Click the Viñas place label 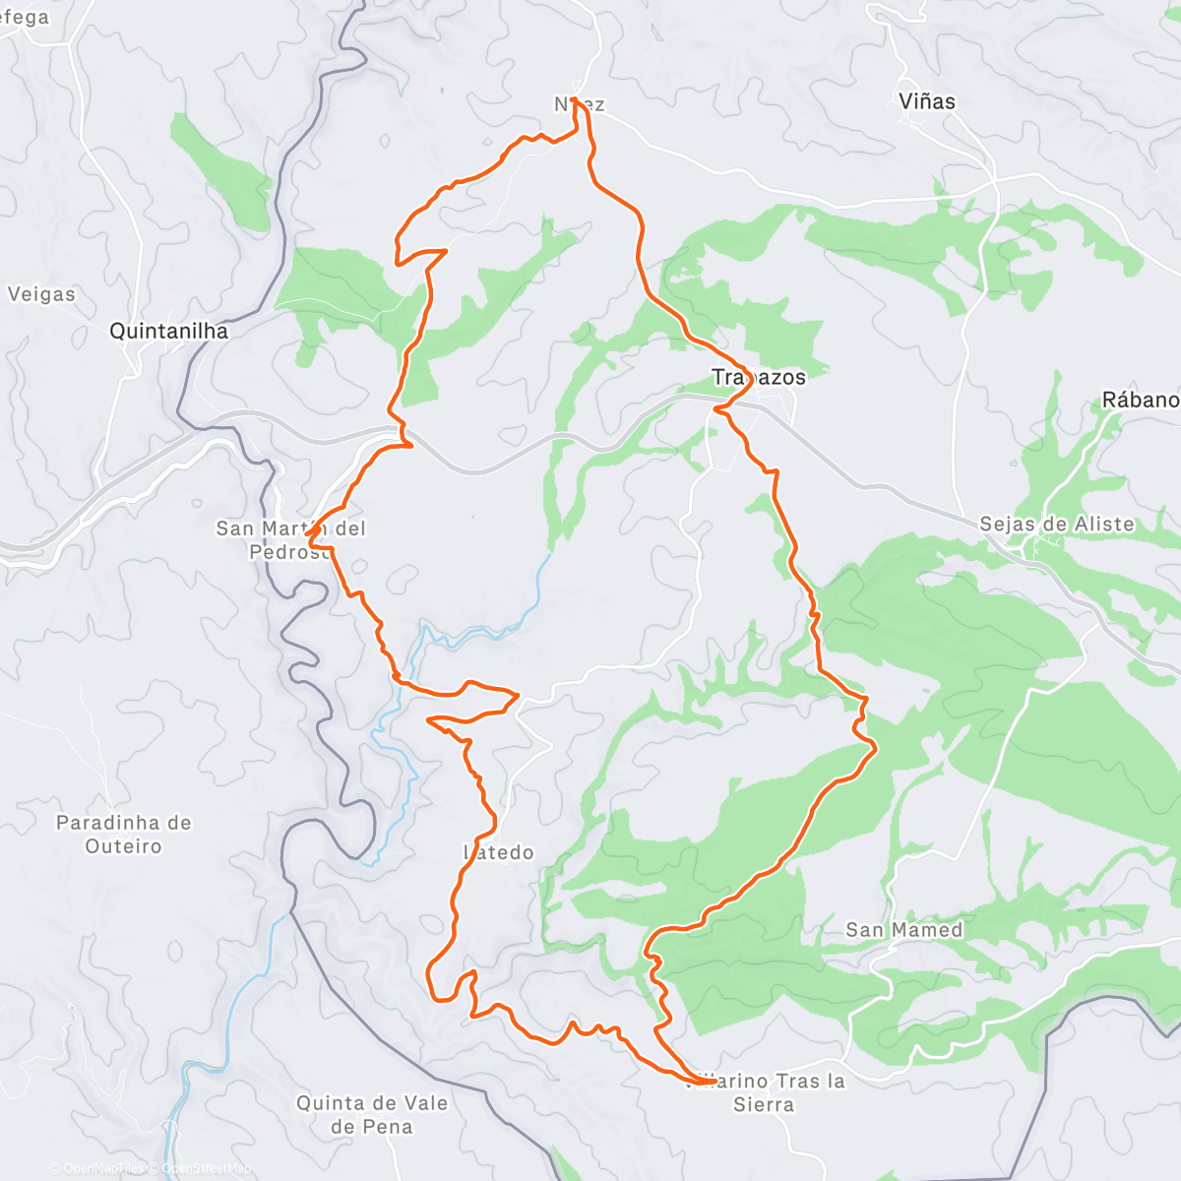click(926, 101)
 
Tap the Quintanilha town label click(168, 331)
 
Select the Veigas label click(41, 294)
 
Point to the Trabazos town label click(758, 377)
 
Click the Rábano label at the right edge click(1140, 400)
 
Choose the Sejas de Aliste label click(1056, 525)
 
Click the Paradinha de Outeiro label click(123, 835)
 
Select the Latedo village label click(499, 852)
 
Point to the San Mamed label click(903, 930)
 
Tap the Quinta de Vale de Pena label click(372, 1115)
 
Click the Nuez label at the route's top click(580, 104)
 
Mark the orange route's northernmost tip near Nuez click(575, 99)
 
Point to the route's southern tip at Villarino click(711, 1082)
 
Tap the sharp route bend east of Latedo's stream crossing click(517, 695)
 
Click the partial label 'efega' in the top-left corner click(25, 18)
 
